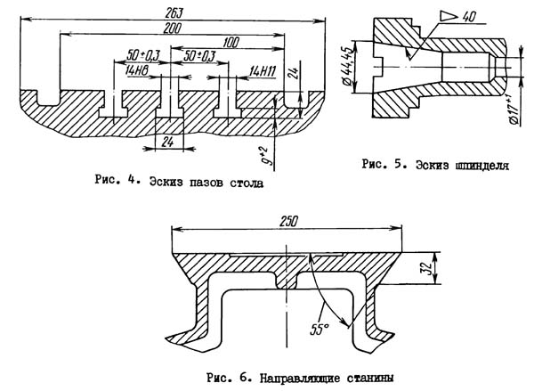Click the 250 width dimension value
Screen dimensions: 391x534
tap(286, 221)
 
